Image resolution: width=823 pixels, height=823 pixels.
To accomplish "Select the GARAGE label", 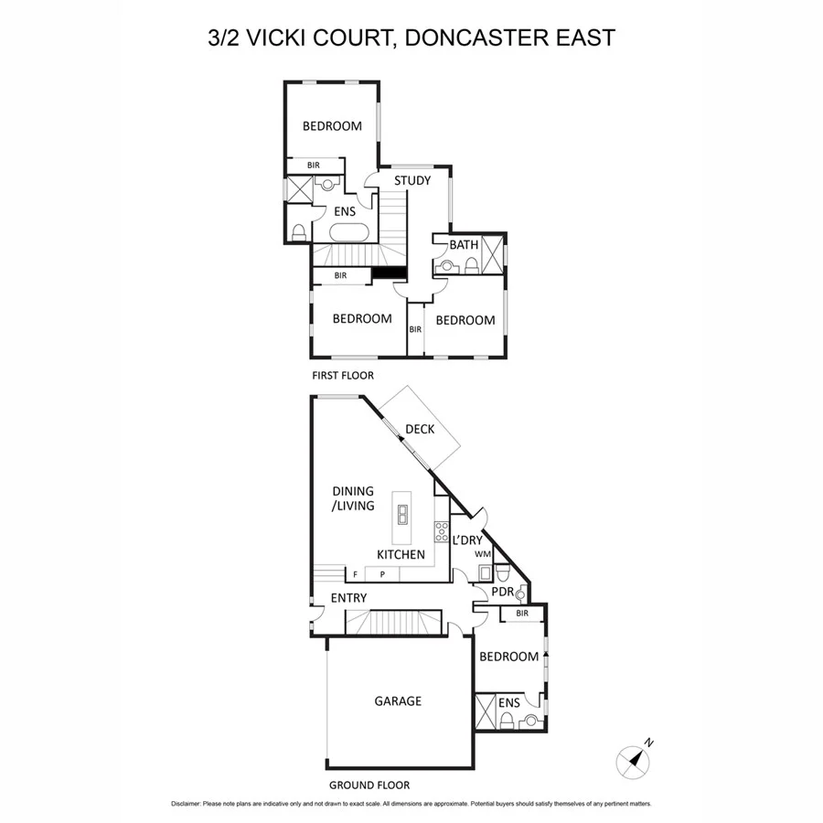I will coord(398,701).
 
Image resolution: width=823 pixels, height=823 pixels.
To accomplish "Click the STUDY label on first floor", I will coord(412,180).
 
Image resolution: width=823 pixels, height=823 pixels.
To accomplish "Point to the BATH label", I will coord(464,245).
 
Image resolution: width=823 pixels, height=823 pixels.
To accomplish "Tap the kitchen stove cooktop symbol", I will coord(441,530).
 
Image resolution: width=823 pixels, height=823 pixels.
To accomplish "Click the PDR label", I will coord(503,592).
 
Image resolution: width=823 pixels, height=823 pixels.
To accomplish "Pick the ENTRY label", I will coord(348,598).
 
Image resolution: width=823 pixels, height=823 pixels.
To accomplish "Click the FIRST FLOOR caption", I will coord(344,375).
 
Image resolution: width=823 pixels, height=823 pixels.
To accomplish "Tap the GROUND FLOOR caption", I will coord(369,785).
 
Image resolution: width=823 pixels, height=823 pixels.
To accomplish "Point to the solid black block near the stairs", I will coord(389,273).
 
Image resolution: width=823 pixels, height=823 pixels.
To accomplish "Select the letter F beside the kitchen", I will coord(354,574).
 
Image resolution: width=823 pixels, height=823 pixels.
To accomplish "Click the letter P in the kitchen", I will coord(382,574).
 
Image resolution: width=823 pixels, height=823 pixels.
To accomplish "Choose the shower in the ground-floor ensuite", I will coord(486,712).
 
